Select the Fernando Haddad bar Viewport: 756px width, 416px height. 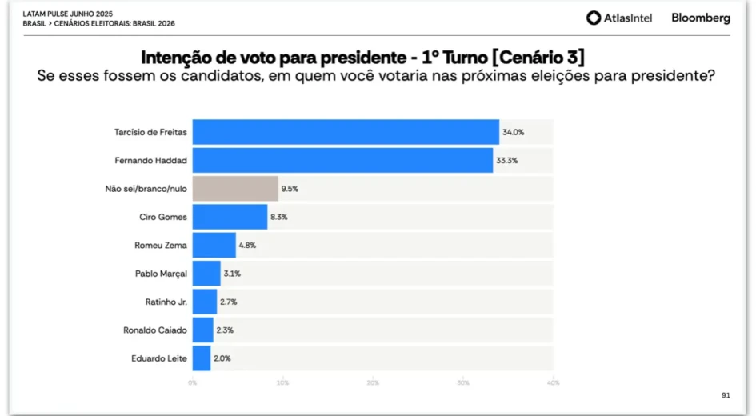(x=342, y=160)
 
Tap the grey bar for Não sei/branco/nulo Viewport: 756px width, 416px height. (x=235, y=189)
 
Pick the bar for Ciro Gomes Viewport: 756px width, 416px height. (x=230, y=217)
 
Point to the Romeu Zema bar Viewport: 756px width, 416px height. (x=214, y=245)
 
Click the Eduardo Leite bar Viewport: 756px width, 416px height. (x=202, y=358)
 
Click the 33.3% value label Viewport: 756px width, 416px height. (x=508, y=160)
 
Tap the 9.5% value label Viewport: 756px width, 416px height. (x=290, y=189)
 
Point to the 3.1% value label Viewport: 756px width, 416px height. (x=231, y=274)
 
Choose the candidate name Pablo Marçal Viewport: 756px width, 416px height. (x=161, y=274)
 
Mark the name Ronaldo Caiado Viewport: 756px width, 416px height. (x=155, y=330)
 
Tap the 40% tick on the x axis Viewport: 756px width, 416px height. (x=553, y=382)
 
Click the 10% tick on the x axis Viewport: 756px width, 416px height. (x=282, y=382)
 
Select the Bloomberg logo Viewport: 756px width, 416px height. (x=701, y=18)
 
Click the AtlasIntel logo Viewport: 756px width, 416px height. (x=619, y=18)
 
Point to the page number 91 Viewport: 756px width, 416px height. (x=726, y=395)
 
